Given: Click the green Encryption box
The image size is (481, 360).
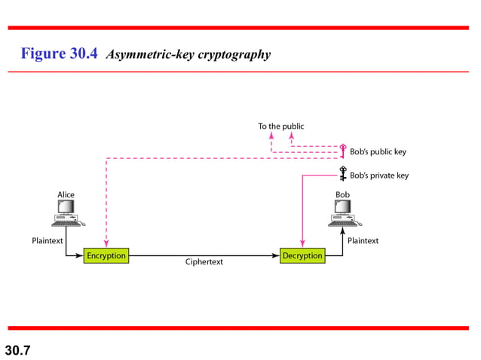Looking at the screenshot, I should (x=106, y=256).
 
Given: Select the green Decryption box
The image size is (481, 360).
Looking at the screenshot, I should (x=302, y=256).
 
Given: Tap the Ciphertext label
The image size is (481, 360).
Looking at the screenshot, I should (x=204, y=263).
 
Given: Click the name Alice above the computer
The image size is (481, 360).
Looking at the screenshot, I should (x=66, y=195).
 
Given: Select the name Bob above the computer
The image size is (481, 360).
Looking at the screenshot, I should (x=343, y=195).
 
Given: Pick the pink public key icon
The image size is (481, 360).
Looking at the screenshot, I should (x=343, y=149).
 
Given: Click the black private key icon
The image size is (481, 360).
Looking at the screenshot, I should (x=343, y=173).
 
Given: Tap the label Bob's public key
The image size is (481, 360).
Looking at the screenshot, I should (x=378, y=151).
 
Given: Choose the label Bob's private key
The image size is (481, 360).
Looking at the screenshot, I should (x=379, y=175).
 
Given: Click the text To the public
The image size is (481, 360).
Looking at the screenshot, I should (x=281, y=126).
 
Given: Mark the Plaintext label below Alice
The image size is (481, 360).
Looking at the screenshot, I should (x=47, y=241).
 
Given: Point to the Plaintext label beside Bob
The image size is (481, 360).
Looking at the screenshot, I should (x=363, y=241).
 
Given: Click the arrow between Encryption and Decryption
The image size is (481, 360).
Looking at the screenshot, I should (x=204, y=256).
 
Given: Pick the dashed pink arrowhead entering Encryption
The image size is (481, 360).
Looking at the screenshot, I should (x=107, y=244).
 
